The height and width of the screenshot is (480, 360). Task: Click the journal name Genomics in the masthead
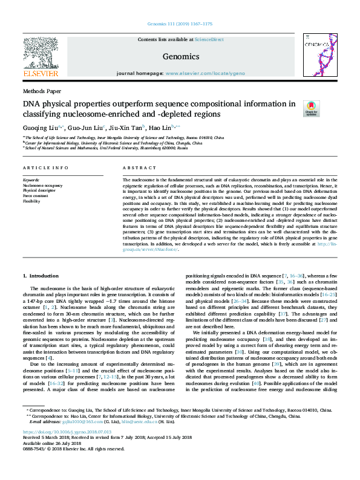coord(181,57)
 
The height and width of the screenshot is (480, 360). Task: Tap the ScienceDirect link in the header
coord(210,39)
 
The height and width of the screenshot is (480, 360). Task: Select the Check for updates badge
coord(311,108)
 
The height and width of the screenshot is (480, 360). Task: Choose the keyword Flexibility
coord(31,200)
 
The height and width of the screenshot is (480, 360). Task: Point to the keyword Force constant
coord(36,195)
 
